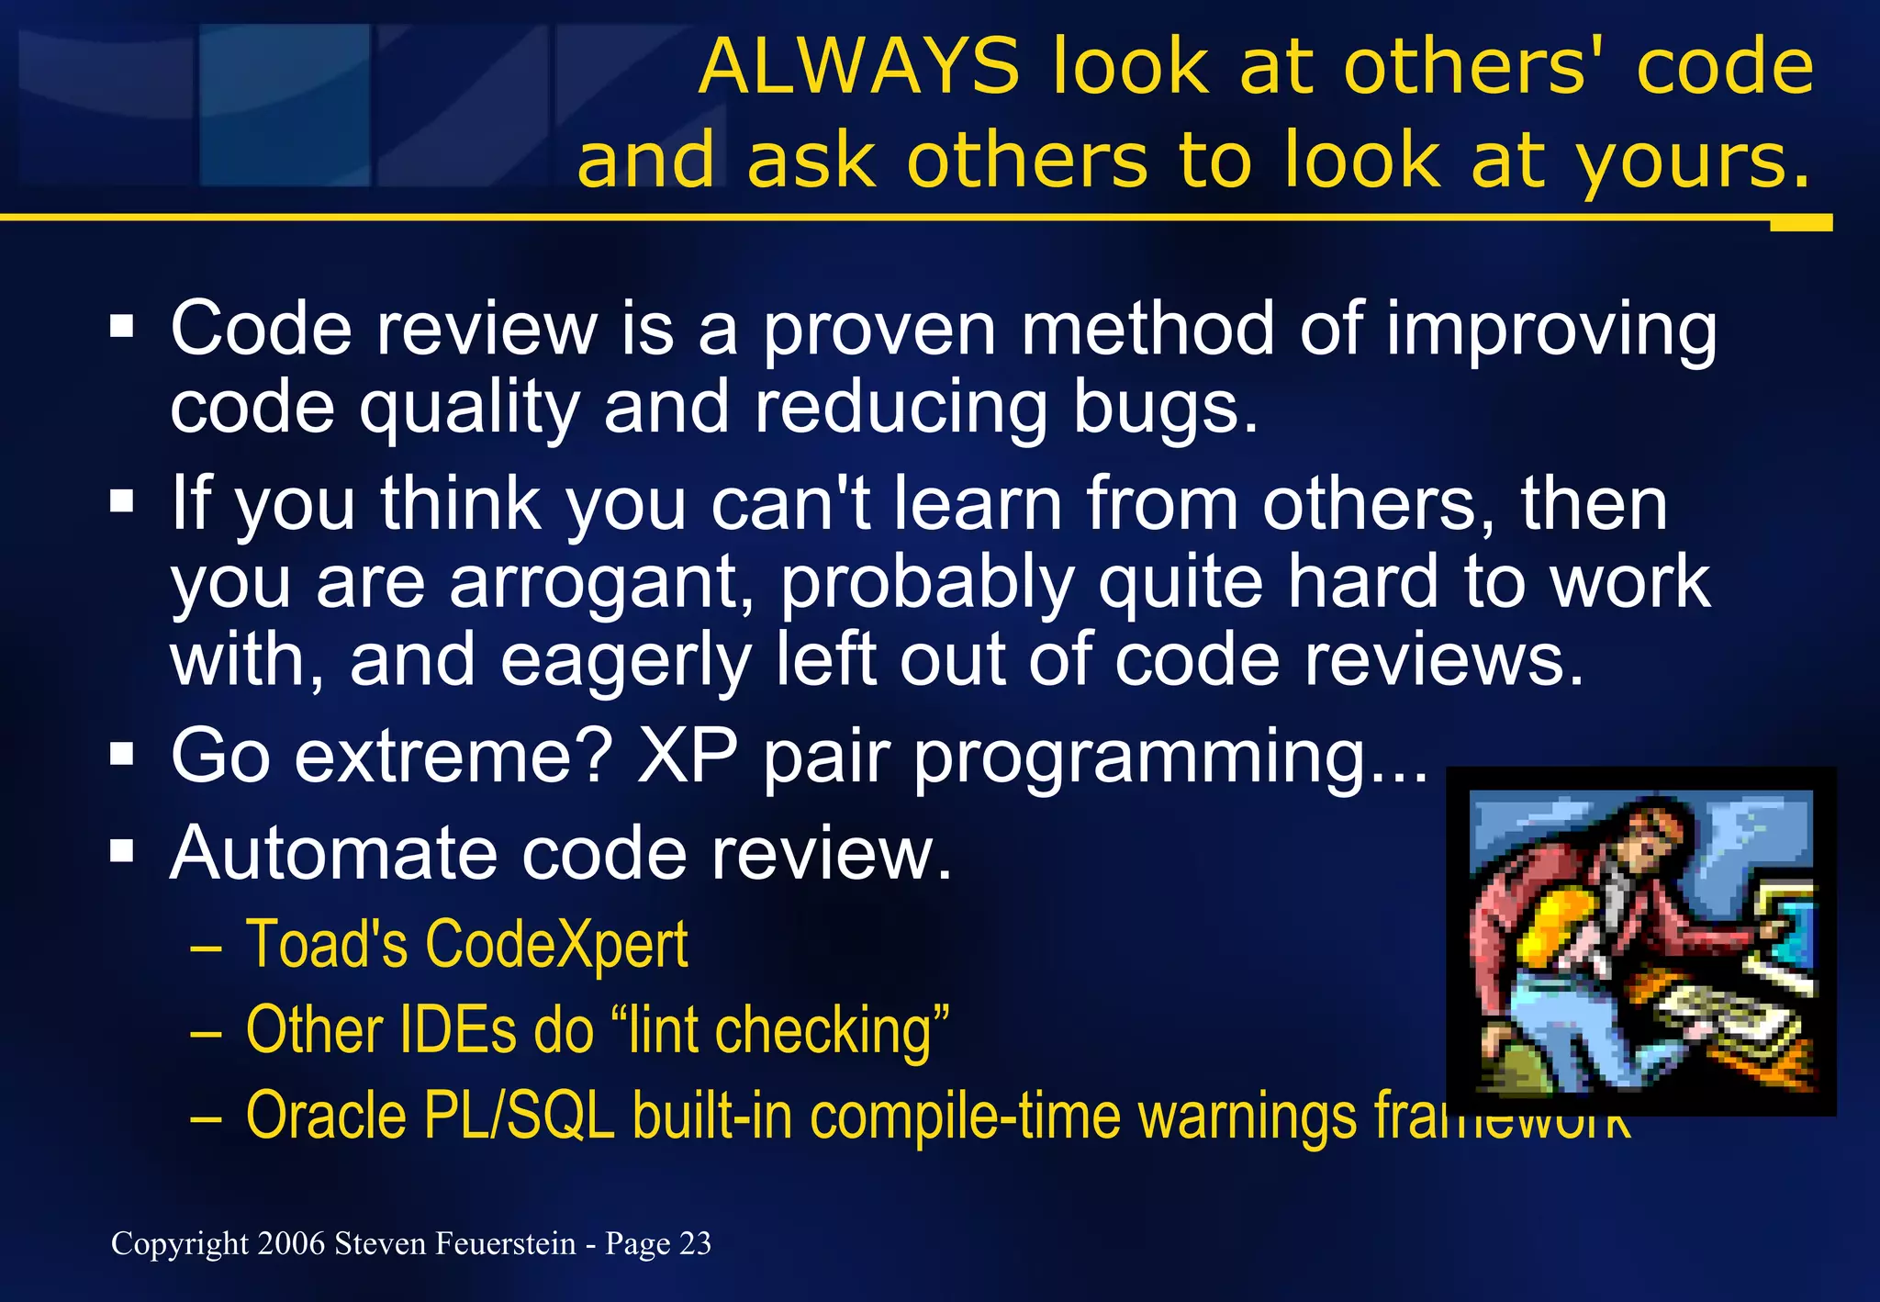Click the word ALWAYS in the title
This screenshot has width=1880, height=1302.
click(x=858, y=67)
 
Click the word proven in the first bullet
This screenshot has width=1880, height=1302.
click(x=879, y=331)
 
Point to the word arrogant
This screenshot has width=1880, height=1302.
click(x=601, y=584)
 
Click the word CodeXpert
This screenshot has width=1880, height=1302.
click(x=556, y=945)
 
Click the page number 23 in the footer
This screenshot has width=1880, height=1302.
click(x=695, y=1243)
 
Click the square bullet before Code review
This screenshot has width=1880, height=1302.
click(x=122, y=327)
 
